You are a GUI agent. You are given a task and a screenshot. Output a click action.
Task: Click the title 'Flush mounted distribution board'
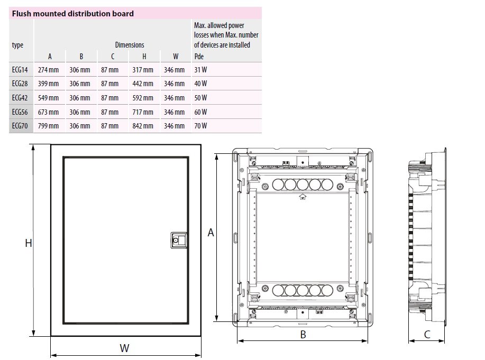(x=72, y=14)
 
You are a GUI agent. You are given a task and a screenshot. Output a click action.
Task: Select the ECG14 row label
(x=20, y=70)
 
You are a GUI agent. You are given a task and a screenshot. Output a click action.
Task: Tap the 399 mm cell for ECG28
(x=48, y=84)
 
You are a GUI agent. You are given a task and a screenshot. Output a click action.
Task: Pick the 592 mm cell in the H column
(x=143, y=98)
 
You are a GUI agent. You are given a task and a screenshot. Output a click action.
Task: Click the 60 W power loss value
(x=200, y=112)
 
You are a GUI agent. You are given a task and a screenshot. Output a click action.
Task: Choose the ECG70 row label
(x=20, y=126)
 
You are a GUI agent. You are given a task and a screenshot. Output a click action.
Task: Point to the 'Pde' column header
(x=199, y=57)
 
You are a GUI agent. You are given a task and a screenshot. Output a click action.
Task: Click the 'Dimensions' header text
(x=130, y=45)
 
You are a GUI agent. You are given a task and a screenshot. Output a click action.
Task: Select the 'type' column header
(x=17, y=45)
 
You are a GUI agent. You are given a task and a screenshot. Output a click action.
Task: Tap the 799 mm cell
(x=48, y=126)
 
